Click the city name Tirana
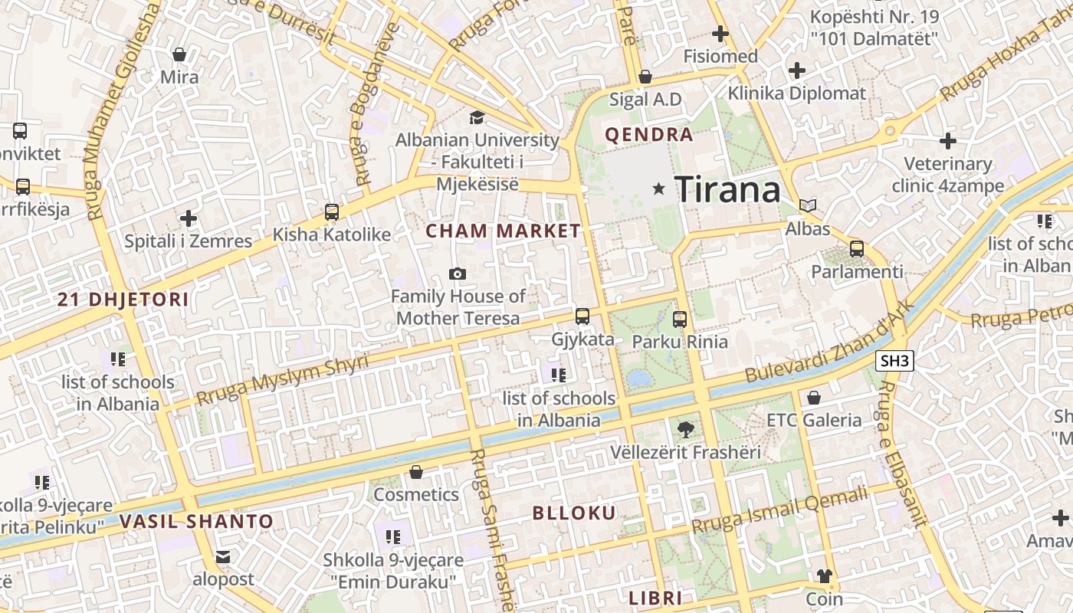[x=727, y=189]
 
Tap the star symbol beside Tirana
[x=658, y=188]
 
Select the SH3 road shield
[x=896, y=360]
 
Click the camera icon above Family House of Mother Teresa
[x=458, y=274]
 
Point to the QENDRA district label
[x=648, y=135]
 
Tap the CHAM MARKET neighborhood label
[x=504, y=231]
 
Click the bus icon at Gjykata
[x=582, y=316]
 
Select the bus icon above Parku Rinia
[x=680, y=319]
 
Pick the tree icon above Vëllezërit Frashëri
[x=686, y=430]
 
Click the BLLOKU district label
[x=574, y=513]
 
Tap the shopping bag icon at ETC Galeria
[x=814, y=398]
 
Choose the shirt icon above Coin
[x=824, y=575]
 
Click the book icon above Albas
[x=808, y=205]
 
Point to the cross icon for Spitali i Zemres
[x=189, y=218]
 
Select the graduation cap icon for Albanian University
[x=477, y=117]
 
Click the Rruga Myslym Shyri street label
[x=282, y=380]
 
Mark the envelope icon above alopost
[x=223, y=556]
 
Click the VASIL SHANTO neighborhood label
[x=196, y=522]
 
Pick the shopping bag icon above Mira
[x=179, y=54]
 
